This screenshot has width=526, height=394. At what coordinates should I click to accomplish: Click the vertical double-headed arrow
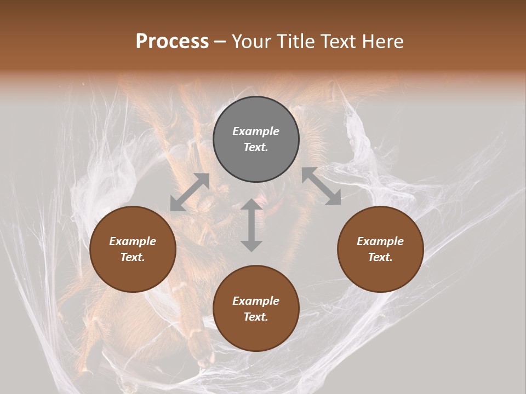pyautogui.click(x=251, y=225)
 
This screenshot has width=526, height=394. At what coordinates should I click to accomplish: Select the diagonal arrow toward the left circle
pyautogui.click(x=190, y=192)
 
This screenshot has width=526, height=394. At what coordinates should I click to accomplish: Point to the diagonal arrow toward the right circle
pyautogui.click(x=322, y=187)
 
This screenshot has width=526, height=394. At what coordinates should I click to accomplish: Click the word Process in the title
pyautogui.click(x=172, y=42)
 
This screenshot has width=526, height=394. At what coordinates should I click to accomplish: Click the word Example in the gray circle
pyautogui.click(x=256, y=131)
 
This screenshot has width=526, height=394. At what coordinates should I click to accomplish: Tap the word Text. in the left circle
pyautogui.click(x=133, y=257)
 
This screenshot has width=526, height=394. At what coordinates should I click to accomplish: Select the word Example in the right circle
pyautogui.click(x=380, y=241)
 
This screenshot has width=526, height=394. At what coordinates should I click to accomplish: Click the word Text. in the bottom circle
pyautogui.click(x=256, y=317)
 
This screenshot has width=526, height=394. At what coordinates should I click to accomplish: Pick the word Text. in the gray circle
pyautogui.click(x=256, y=147)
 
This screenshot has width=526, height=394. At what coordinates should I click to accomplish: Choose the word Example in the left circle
pyautogui.click(x=133, y=241)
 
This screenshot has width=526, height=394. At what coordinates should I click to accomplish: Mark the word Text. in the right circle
pyautogui.click(x=380, y=257)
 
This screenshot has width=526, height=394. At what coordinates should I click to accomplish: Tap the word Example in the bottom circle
pyautogui.click(x=256, y=301)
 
